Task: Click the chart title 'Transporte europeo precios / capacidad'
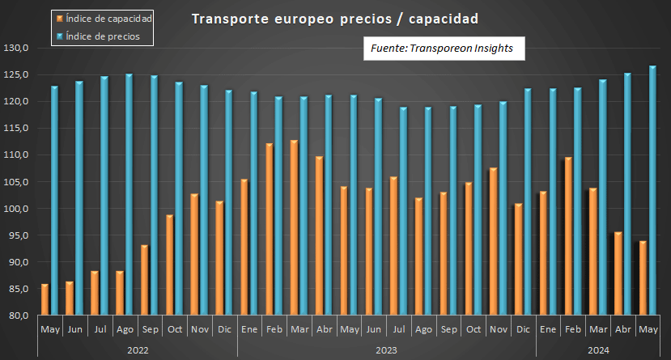pos(334,18)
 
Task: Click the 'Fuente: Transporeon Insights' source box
pos(442,49)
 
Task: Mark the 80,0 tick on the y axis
pos(18,316)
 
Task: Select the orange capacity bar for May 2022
pos(45,300)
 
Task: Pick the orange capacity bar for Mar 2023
pos(294,228)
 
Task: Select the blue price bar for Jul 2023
pos(403,211)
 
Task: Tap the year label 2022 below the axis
pos(138,349)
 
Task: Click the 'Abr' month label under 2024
pos(622,329)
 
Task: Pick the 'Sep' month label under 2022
pos(149,329)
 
